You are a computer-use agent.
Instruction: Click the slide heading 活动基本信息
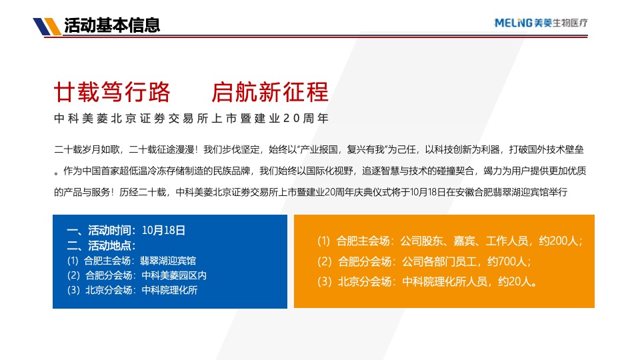point(112,26)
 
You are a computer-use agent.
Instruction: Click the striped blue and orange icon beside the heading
point(47,27)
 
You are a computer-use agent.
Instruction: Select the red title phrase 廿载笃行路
point(111,92)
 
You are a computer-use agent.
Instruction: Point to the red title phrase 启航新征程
point(270,92)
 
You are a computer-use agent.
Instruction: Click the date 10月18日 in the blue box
point(163,231)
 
